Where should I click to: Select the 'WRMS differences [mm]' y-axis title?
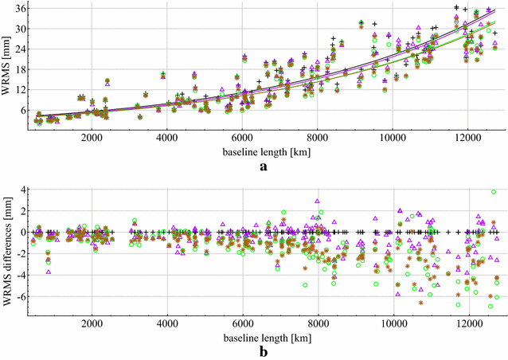click(7, 249)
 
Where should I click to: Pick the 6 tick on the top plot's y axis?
click(24, 110)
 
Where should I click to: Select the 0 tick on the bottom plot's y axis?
click(24, 232)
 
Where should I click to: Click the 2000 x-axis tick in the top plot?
click(92, 137)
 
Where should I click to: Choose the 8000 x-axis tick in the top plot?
click(318, 137)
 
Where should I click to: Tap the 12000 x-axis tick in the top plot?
click(468, 137)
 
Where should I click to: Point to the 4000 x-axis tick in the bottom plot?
click(167, 324)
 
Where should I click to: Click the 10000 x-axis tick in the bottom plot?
click(393, 324)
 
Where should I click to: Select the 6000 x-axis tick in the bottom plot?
click(243, 324)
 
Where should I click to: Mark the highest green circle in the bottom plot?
click(494, 192)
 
